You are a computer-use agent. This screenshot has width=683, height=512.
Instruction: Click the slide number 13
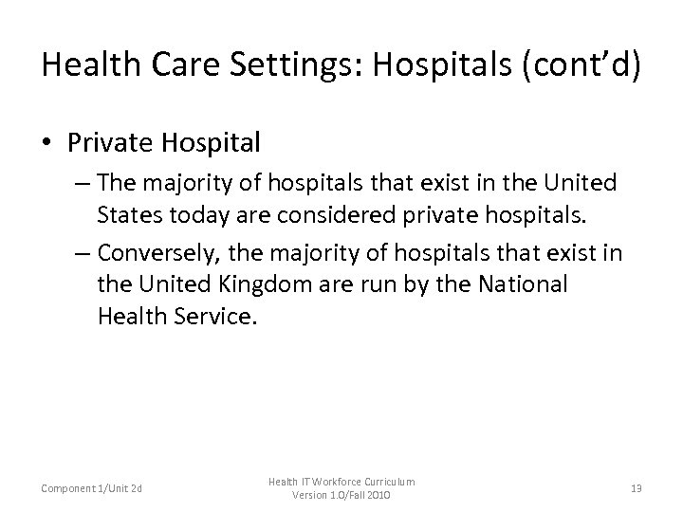coord(635,488)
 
